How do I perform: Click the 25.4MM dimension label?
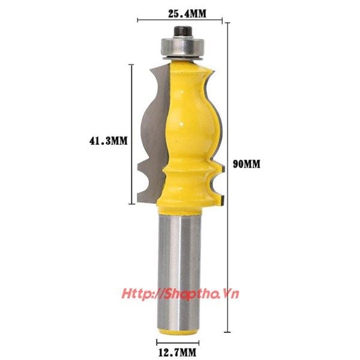pos(187,14)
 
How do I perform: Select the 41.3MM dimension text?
pos(108,140)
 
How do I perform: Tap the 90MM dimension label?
pos(247,164)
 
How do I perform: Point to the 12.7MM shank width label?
pos(178,352)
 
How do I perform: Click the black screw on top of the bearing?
pos(183,31)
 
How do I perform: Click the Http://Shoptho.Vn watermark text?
pos(180,294)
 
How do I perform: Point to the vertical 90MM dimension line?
pos(227,178)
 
